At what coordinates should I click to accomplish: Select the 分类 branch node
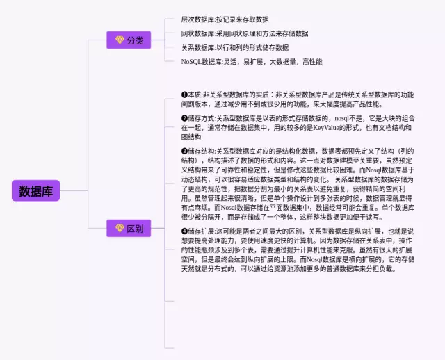(x=129, y=40)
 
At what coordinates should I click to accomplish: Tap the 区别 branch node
(x=129, y=228)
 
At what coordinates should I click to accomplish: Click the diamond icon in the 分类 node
(x=118, y=40)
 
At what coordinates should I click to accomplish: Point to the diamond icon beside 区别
(x=118, y=228)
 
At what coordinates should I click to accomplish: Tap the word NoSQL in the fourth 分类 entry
(x=192, y=61)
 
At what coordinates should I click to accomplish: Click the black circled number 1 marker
(x=184, y=95)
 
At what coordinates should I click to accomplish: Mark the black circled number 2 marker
(x=184, y=118)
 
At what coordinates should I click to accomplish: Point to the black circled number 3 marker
(x=184, y=150)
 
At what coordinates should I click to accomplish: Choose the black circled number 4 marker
(x=184, y=230)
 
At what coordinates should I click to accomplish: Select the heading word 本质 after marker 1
(x=195, y=95)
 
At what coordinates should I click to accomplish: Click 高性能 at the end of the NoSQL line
(x=312, y=61)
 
